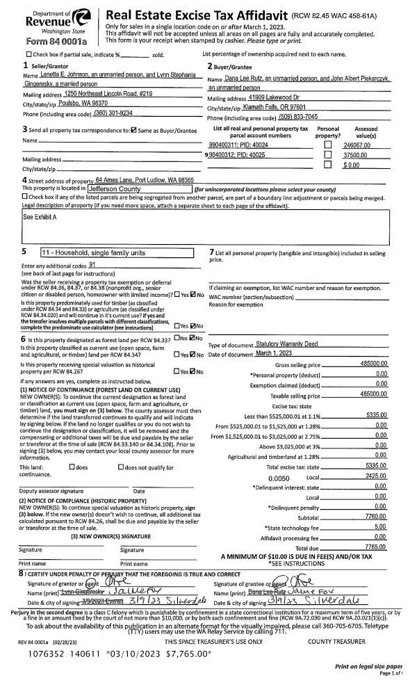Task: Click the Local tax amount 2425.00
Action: point(376,458)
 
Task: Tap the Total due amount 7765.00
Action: point(376,528)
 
